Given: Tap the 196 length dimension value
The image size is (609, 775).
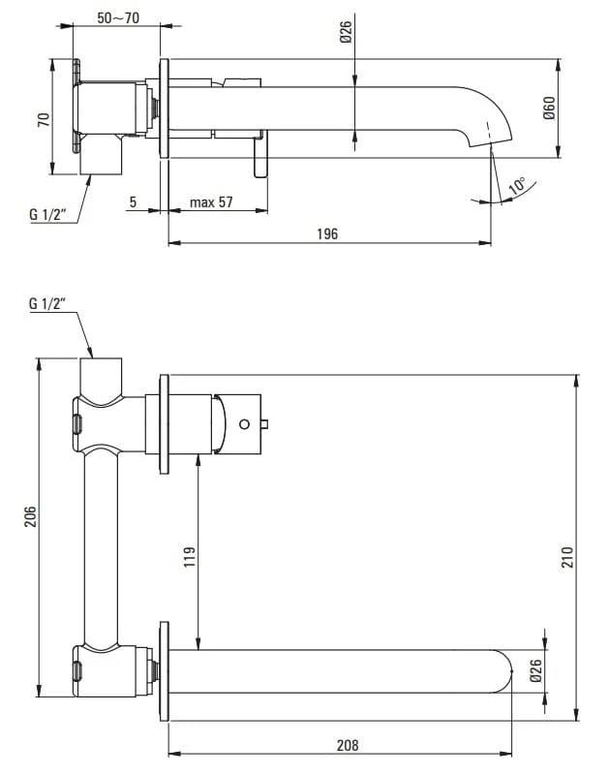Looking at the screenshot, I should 327,234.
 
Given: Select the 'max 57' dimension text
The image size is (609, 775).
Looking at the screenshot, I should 211,201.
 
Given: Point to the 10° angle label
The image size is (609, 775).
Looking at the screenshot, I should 518,186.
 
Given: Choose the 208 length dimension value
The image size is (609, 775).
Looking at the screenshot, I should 348,745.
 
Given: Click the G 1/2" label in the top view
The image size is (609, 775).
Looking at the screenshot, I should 47,214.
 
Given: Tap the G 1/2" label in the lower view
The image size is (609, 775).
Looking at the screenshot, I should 47,304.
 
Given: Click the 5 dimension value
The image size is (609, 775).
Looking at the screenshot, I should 133,201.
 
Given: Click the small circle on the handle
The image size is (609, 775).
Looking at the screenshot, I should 245,422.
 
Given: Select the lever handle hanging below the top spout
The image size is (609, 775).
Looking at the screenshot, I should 259,157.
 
